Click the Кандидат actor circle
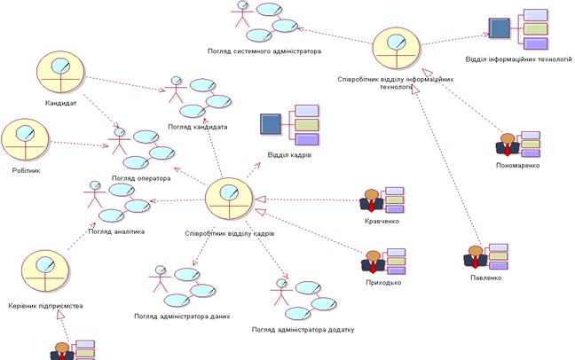pyautogui.click(x=60, y=72)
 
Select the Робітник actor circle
pyautogui.click(x=25, y=140)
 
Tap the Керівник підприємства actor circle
pyautogui.click(x=45, y=271)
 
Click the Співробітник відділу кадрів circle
pyautogui.click(x=229, y=199)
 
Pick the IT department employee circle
pyautogui.click(x=397, y=48)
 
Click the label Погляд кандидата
pyautogui.click(x=198, y=127)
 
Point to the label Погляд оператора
pyautogui.click(x=141, y=178)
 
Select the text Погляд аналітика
pyautogui.click(x=116, y=231)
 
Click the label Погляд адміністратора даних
pyautogui.click(x=182, y=316)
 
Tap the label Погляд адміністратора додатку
pyautogui.click(x=303, y=330)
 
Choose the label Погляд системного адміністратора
pyautogui.click(x=264, y=51)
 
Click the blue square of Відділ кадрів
pyautogui.click(x=271, y=124)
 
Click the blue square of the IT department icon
pyautogui.click(x=500, y=28)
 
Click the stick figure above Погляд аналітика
pyautogui.click(x=95, y=194)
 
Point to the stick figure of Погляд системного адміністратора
pyautogui.click(x=242, y=14)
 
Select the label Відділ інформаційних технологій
pyautogui.click(x=518, y=59)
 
